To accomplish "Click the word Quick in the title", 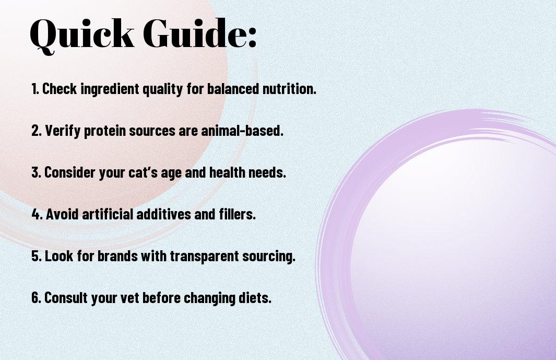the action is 82,35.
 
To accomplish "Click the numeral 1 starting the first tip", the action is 34,89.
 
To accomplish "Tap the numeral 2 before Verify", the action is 36,131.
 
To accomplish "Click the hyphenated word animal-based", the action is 242,131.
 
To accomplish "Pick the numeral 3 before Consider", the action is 36,172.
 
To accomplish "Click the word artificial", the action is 108,214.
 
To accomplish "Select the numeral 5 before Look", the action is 36,256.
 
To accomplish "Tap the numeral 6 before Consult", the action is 36,297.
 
